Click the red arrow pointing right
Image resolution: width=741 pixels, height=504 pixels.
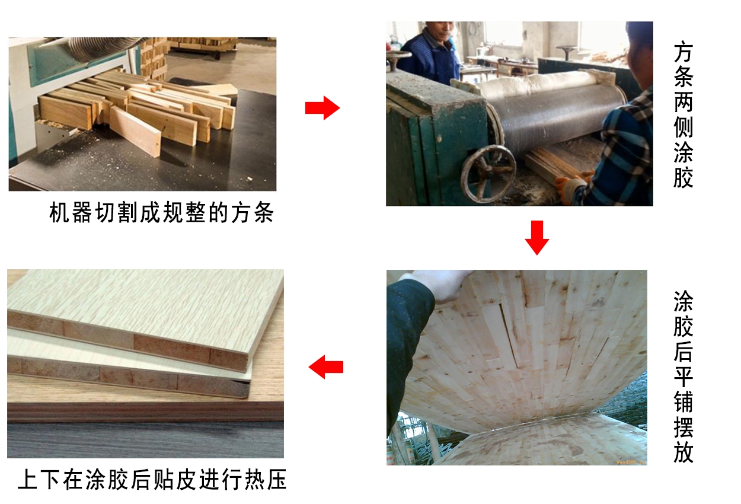tap(322, 109)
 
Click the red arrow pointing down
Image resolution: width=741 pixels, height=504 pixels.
tap(537, 237)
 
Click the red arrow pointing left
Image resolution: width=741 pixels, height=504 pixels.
tap(326, 367)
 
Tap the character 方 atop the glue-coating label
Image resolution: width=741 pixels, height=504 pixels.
tap(683, 53)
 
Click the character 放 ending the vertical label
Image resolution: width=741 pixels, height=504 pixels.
tap(683, 452)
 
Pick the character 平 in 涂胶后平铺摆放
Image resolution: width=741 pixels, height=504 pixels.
tap(683, 377)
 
